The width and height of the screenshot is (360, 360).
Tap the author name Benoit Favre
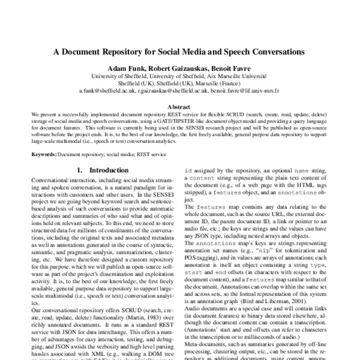[235, 68]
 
